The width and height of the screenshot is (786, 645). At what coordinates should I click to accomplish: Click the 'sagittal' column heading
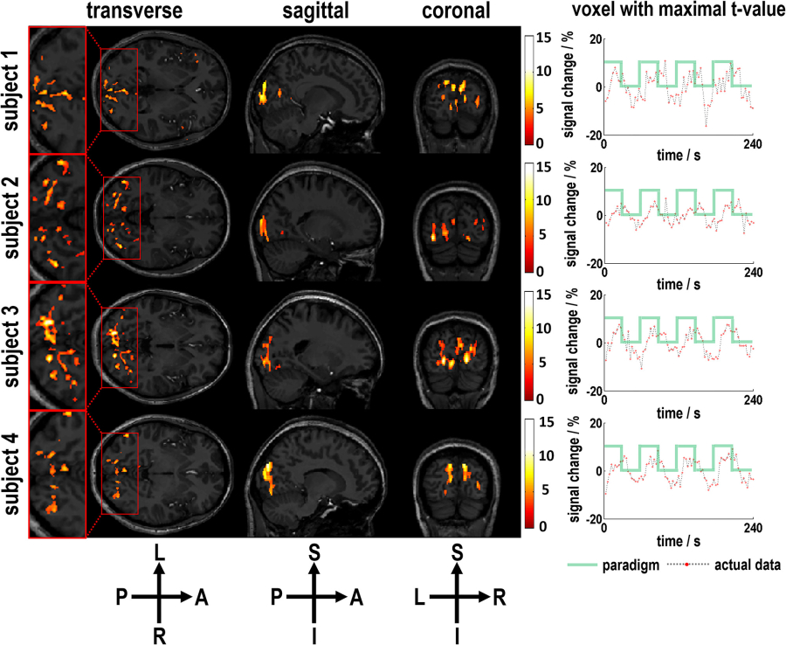tap(307, 13)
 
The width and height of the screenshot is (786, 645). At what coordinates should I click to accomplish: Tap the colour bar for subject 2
tap(530, 217)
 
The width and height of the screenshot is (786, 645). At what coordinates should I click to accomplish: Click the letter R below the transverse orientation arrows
tap(158, 635)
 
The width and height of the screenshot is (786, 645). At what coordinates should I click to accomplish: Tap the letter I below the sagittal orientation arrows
tap(314, 635)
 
